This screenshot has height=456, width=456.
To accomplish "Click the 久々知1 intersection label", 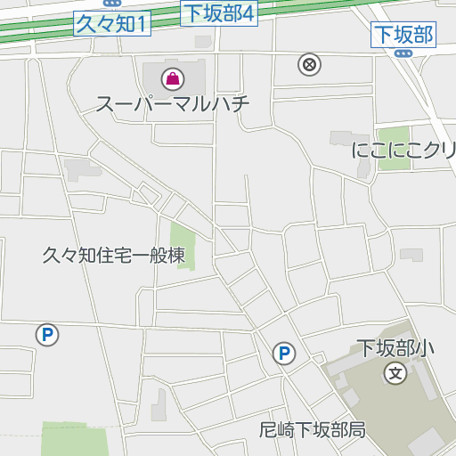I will pos(112,24).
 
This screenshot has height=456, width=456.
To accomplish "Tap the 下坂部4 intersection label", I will pos(219,12).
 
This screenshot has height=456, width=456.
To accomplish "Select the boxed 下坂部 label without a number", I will pos(403,35).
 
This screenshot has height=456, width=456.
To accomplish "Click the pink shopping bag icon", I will pos(172,77).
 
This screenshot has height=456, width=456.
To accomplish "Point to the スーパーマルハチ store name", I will pos(173,102).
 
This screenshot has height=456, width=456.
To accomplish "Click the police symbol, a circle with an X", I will pos(309,64).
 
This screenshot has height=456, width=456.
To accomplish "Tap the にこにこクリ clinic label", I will pos(403,150).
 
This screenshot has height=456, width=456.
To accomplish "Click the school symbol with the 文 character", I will pos(396,373).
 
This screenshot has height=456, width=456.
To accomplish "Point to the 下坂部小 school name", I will pos(395,348).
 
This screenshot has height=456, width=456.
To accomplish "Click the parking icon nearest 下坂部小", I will pos(284,354).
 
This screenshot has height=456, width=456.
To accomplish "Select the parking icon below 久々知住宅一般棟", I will pos(46,335).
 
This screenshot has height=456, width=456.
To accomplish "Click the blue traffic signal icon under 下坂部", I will pos(403,53).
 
